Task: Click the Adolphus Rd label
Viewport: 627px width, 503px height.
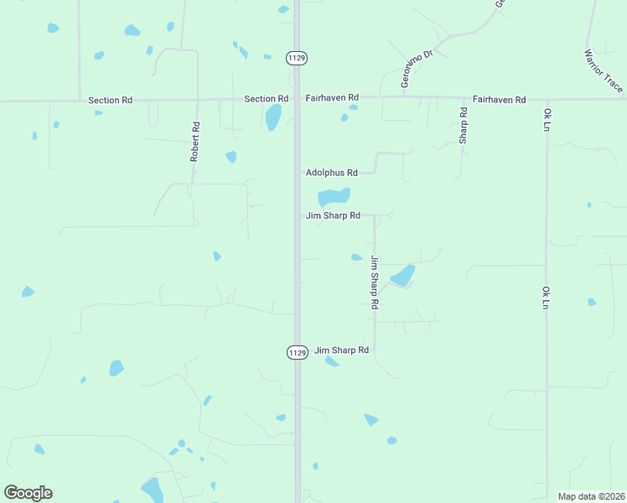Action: tap(331, 173)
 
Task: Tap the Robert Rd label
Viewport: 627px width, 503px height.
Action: tap(194, 143)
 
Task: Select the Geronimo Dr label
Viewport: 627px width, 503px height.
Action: tap(417, 68)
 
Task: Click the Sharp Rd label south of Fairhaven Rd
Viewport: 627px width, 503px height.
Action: tap(463, 125)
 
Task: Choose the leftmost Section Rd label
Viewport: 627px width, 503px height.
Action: tap(110, 101)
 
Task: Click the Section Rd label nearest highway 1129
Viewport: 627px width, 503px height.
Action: tap(266, 99)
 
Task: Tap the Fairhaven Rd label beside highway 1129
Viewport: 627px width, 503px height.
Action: tap(331, 98)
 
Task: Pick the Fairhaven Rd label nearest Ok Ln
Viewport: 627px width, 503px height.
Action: tap(499, 99)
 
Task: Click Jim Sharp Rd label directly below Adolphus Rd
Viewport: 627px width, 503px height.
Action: tap(333, 215)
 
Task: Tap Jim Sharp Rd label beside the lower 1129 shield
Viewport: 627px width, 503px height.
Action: tap(341, 350)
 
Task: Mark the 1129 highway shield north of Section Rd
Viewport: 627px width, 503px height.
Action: tap(296, 58)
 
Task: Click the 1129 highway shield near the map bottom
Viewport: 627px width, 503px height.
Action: tap(297, 353)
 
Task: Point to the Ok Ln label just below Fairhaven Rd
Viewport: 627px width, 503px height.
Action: tap(546, 120)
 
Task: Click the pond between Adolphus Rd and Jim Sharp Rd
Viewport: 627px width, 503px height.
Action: tap(333, 197)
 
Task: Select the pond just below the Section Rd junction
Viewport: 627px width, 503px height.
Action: tap(273, 117)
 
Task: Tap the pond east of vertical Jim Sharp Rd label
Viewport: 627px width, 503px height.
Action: tap(402, 275)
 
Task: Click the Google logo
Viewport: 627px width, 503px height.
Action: tap(28, 493)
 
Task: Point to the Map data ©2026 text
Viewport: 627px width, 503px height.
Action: tap(591, 496)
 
